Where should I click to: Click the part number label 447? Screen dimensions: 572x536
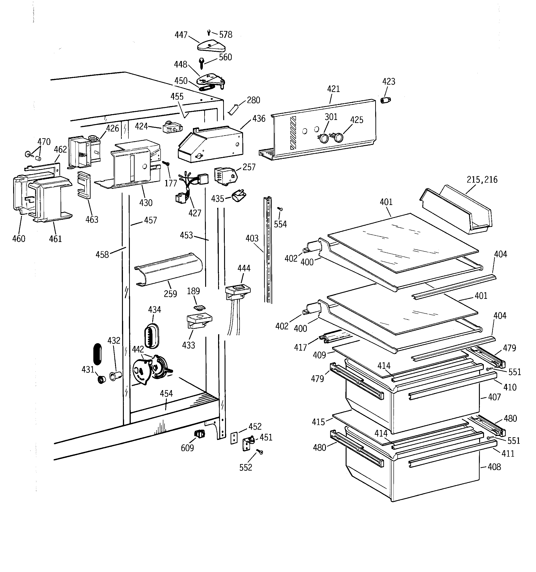tap(181, 35)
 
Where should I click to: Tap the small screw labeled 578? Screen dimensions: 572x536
tap(209, 32)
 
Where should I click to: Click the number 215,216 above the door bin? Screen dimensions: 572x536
tap(482, 180)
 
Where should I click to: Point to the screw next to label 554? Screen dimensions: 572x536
tap(279, 209)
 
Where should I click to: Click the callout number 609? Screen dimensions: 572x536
tap(187, 448)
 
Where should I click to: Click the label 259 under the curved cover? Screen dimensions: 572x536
tap(170, 294)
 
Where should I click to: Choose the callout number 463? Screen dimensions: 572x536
tap(92, 220)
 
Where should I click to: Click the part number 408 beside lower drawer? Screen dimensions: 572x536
tap(494, 467)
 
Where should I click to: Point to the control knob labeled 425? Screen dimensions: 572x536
tap(339, 137)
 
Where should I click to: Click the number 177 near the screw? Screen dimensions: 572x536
tap(170, 183)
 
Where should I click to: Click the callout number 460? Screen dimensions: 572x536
tap(19, 239)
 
